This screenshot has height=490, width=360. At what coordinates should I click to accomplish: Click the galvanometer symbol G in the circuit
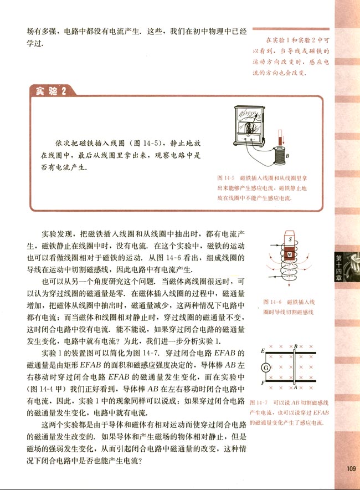tap(266, 367)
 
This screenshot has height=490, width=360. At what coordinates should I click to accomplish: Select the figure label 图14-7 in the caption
tap(259, 402)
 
